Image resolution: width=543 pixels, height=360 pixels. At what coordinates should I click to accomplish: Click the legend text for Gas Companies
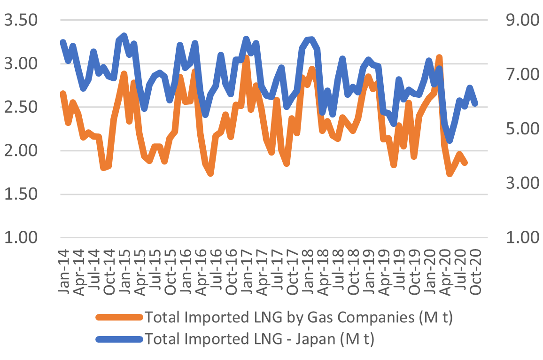pos(299,318)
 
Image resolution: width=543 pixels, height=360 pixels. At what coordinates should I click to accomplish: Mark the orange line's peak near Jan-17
pos(246,58)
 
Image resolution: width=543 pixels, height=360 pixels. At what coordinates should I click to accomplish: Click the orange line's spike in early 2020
pos(439,57)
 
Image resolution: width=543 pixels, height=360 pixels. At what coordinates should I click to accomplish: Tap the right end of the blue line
pos(475,103)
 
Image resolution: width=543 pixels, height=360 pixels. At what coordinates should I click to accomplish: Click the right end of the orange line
pos(465,163)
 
